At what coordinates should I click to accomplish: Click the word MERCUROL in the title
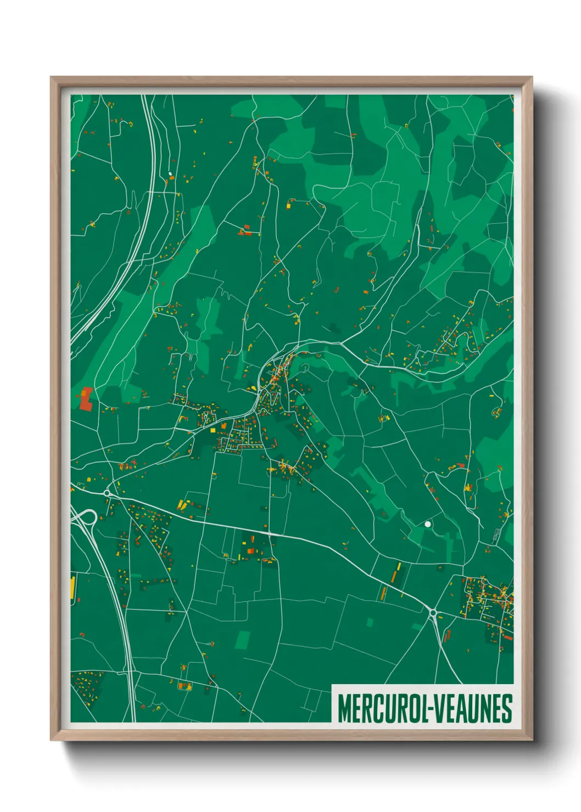coord(382,708)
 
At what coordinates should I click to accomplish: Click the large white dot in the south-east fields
coord(427,524)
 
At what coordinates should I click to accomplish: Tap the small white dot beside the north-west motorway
coord(170,174)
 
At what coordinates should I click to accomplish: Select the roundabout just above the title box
coord(433,613)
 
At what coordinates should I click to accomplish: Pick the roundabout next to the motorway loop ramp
coord(107,493)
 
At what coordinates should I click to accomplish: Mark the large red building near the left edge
coord(86,399)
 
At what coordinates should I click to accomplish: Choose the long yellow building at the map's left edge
coord(72,587)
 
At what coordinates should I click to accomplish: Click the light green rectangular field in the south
coord(242,640)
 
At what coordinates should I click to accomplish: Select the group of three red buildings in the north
coord(245,231)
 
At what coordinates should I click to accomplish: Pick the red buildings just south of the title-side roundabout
coord(446,636)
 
